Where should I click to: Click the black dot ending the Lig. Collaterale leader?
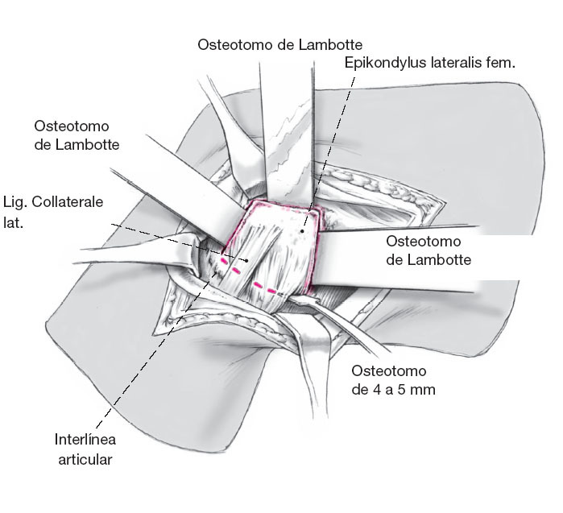coord(245,261)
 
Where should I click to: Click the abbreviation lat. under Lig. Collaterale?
coord(14,220)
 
